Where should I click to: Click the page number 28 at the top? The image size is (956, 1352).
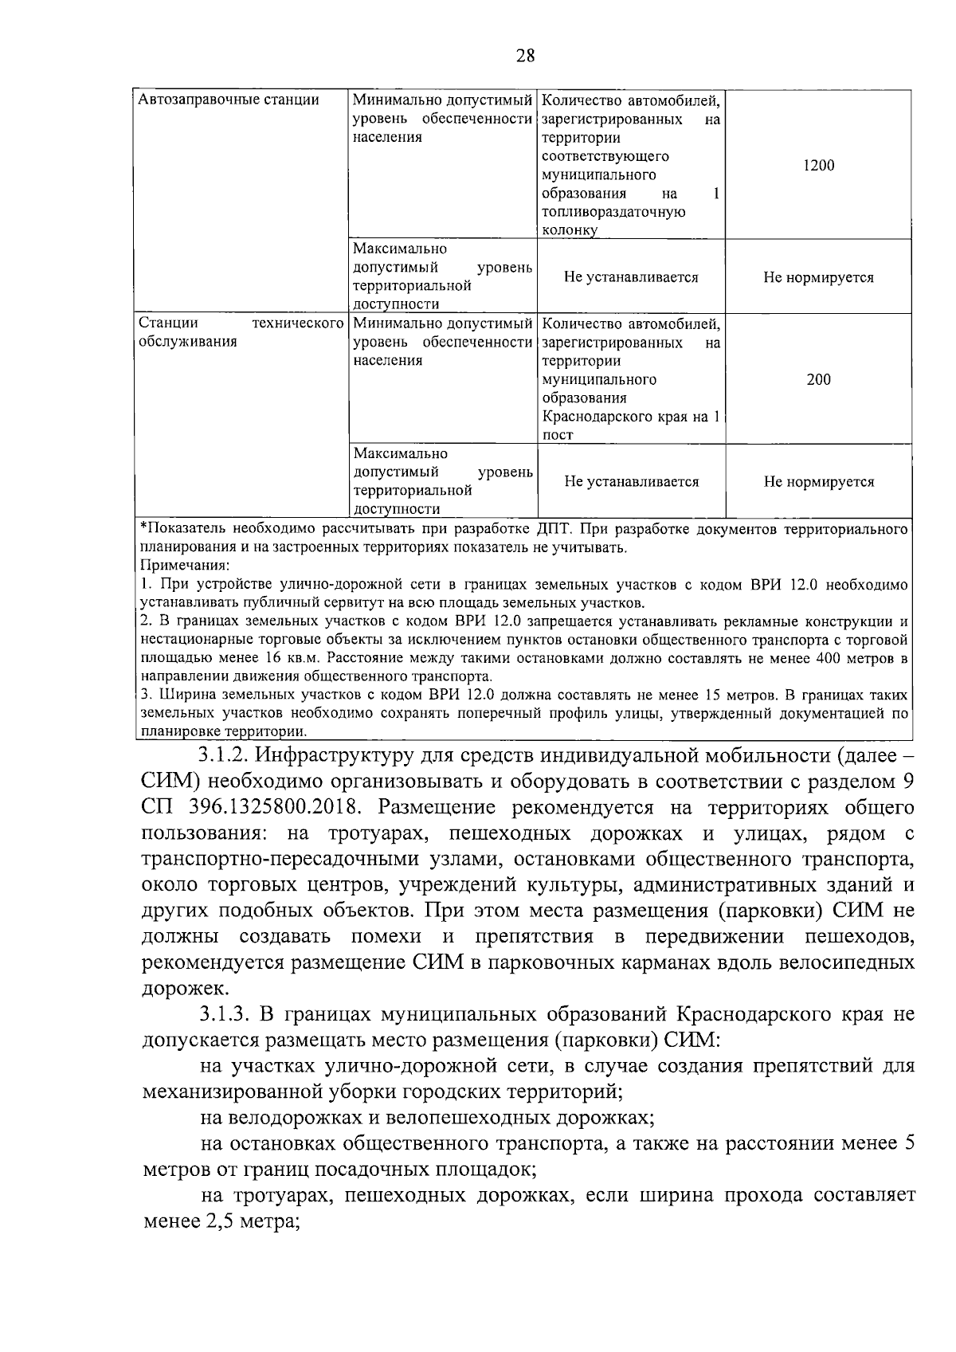coord(526,55)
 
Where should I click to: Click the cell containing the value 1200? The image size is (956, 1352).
coord(818,166)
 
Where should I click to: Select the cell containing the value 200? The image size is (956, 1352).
coord(818,379)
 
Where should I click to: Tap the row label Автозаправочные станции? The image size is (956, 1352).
coord(229,100)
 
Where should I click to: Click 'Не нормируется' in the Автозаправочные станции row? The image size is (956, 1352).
coord(818,278)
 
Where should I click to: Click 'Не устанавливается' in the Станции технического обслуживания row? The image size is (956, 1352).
coord(631,482)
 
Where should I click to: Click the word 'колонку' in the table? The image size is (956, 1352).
coord(569,231)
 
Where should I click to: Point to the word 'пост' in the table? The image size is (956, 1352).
coord(558,435)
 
